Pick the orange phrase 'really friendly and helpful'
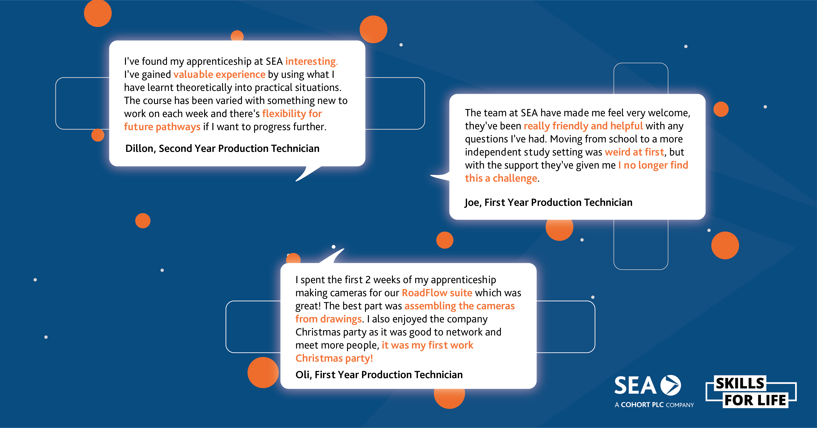583,126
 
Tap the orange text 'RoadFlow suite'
437,293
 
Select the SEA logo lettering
635,385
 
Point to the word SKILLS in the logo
740,383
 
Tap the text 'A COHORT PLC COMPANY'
654,405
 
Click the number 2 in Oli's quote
368,280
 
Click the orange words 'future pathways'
162,127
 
